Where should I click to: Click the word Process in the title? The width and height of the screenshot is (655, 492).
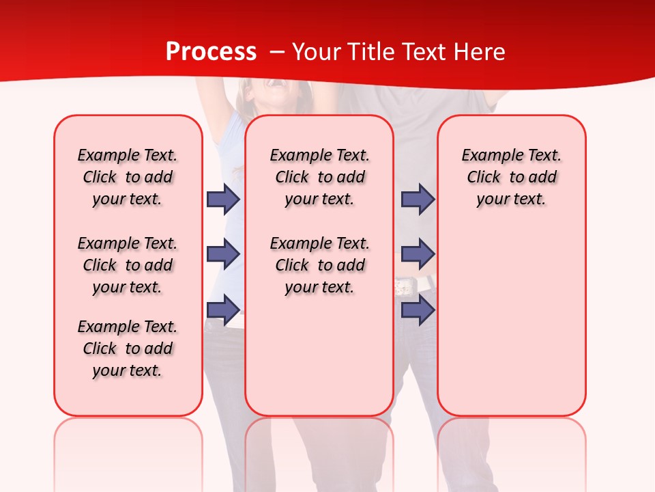pyautogui.click(x=211, y=52)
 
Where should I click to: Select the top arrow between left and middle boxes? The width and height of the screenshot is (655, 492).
pyautogui.click(x=222, y=199)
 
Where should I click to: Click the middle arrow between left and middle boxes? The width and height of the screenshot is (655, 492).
pyautogui.click(x=222, y=254)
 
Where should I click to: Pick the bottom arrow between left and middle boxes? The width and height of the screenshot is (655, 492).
pyautogui.click(x=222, y=310)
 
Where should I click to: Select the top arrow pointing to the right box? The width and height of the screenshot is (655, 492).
pyautogui.click(x=418, y=199)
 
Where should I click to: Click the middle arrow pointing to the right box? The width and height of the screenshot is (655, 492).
pyautogui.click(x=418, y=254)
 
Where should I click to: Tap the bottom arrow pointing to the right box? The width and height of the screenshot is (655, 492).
pyautogui.click(x=418, y=310)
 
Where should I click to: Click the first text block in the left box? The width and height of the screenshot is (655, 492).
pyautogui.click(x=128, y=177)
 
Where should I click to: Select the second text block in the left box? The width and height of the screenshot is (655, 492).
pyautogui.click(x=128, y=265)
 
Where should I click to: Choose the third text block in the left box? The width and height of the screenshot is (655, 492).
pyautogui.click(x=128, y=348)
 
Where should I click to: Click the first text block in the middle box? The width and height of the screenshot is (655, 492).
pyautogui.click(x=319, y=177)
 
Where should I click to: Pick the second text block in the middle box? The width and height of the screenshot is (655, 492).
pyautogui.click(x=319, y=265)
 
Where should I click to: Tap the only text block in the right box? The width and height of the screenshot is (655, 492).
pyautogui.click(x=511, y=177)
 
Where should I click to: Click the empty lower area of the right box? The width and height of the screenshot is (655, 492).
pyautogui.click(x=511, y=328)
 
